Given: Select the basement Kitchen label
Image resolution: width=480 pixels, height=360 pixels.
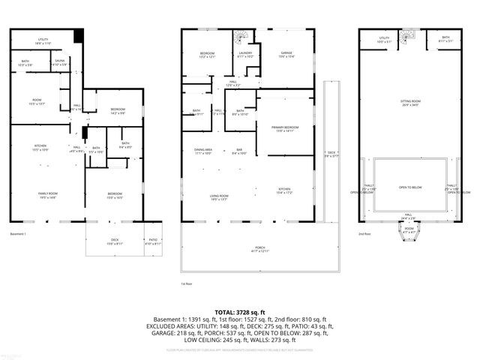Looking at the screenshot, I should point(40,147).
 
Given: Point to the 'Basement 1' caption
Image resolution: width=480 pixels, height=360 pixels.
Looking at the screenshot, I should point(19,234).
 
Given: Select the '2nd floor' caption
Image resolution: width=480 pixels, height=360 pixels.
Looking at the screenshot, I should point(365,234).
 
